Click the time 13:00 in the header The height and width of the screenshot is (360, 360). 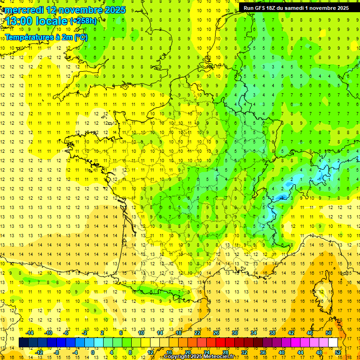pyautogui.click(x=19, y=21)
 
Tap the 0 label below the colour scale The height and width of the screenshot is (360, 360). pyautogui.click(x=93, y=352)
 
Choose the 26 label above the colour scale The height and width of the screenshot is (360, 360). pyautogui.click(x=216, y=333)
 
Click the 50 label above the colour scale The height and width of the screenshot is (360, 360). pyautogui.click(x=328, y=333)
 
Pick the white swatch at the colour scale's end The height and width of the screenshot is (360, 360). pyautogui.click(x=333, y=343)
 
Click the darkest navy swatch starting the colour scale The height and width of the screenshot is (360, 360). pyautogui.click(x=23, y=343)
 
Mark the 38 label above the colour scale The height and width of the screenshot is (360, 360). pyautogui.click(x=272, y=333)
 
